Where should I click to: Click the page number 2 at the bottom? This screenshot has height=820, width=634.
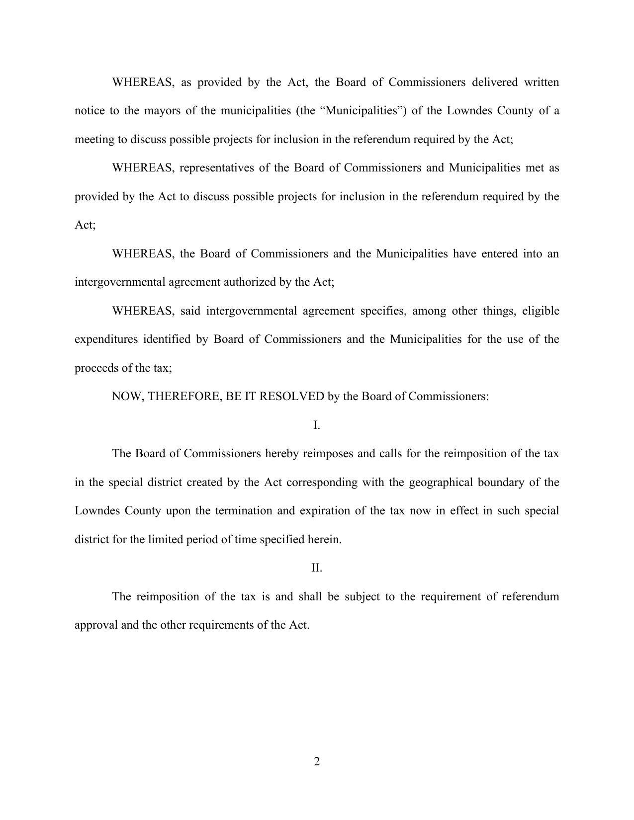pyautogui.click(x=317, y=761)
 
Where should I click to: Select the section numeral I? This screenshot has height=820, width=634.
pyautogui.click(x=317, y=425)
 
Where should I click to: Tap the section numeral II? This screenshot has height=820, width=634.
pyautogui.click(x=317, y=568)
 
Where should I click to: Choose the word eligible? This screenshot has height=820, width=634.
pyautogui.click(x=541, y=311)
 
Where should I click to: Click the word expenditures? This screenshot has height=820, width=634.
pyautogui.click(x=106, y=339)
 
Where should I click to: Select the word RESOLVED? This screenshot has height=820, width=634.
pyautogui.click(x=292, y=397)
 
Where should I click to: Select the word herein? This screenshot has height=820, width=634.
pyautogui.click(x=324, y=540)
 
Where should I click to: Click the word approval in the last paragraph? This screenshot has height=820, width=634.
pyautogui.click(x=96, y=625)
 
